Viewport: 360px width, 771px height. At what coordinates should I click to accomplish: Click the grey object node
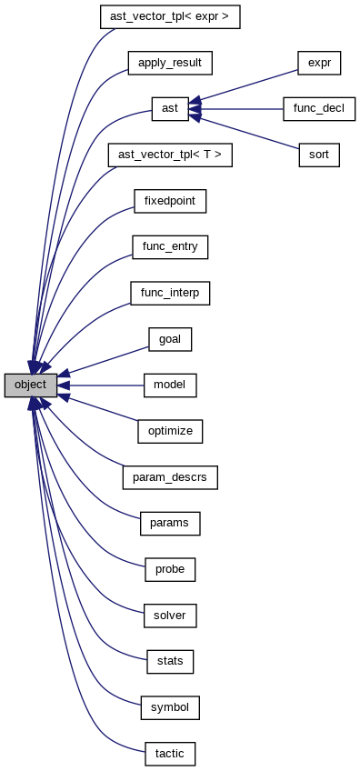tap(31, 385)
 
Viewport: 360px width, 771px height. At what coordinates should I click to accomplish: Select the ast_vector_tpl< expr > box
tap(170, 16)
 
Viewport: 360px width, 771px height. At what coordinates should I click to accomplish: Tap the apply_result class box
tap(170, 63)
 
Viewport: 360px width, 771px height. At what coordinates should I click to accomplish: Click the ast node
tap(170, 109)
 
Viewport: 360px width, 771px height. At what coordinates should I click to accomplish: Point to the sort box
tap(318, 155)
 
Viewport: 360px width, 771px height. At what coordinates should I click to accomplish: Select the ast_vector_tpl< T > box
tap(170, 155)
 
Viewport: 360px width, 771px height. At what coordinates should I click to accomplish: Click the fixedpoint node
tap(170, 201)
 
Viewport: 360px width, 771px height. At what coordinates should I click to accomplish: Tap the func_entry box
tap(170, 246)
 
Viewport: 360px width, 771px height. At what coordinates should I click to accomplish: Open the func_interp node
tap(170, 293)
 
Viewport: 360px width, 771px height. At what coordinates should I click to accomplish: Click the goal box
tap(170, 339)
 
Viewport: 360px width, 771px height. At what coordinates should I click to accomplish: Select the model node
tap(170, 385)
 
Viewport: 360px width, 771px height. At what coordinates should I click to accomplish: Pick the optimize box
tap(170, 431)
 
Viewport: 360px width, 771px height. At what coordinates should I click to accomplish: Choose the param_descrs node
tap(170, 476)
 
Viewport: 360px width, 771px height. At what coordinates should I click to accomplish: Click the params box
tap(170, 523)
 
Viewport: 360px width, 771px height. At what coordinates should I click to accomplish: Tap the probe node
tap(170, 569)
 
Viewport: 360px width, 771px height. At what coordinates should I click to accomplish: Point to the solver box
tap(170, 616)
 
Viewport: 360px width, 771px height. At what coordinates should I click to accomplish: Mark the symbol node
tap(170, 706)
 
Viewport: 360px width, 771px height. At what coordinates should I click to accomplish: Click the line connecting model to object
tap(105, 385)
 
